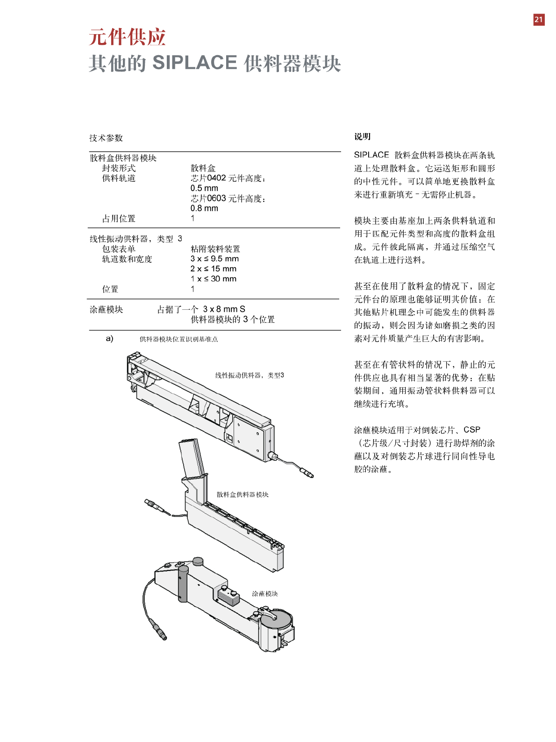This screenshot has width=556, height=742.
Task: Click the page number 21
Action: [538, 20]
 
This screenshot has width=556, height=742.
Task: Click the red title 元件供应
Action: [127, 37]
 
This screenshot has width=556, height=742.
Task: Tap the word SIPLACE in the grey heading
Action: [195, 63]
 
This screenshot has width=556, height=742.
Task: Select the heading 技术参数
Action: [106, 138]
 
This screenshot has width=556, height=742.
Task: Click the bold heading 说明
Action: [362, 136]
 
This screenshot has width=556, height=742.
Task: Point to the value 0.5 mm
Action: [204, 188]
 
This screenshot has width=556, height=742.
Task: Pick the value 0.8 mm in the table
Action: [204, 208]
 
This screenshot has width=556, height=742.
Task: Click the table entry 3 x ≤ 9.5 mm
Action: [214, 259]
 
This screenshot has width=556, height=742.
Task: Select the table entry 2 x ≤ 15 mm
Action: [214, 269]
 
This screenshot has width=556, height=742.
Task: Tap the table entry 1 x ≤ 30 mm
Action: [214, 279]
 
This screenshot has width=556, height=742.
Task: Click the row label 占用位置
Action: [119, 219]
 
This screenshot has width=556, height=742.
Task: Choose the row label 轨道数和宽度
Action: [127, 259]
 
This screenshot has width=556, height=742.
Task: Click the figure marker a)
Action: [109, 338]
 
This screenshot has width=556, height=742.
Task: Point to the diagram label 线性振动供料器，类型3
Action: [249, 375]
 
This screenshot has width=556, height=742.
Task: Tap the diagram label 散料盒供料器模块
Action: [242, 494]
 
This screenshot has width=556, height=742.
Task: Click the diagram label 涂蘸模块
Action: [265, 593]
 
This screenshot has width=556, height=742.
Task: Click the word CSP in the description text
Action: [472, 430]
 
